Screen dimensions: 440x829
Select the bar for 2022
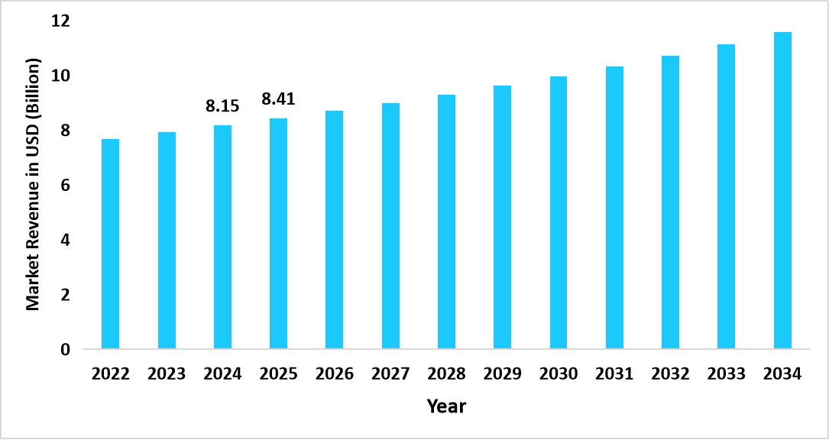111,244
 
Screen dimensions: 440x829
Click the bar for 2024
222,238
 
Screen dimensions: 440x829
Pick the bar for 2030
559,213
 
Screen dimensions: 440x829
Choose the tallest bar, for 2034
782,191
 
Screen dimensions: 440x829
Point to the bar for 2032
670,202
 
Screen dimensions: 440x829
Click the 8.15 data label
222,106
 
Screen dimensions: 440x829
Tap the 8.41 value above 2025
278,99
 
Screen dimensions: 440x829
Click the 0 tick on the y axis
65,350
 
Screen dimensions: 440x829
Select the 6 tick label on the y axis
65,186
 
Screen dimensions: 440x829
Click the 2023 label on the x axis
167,374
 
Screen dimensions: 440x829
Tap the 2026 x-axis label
335,374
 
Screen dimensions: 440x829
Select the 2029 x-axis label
503,374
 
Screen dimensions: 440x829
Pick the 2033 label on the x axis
726,374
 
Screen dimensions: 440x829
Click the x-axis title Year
446,406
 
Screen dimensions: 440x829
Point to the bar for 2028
446,222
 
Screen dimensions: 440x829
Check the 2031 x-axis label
614,374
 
